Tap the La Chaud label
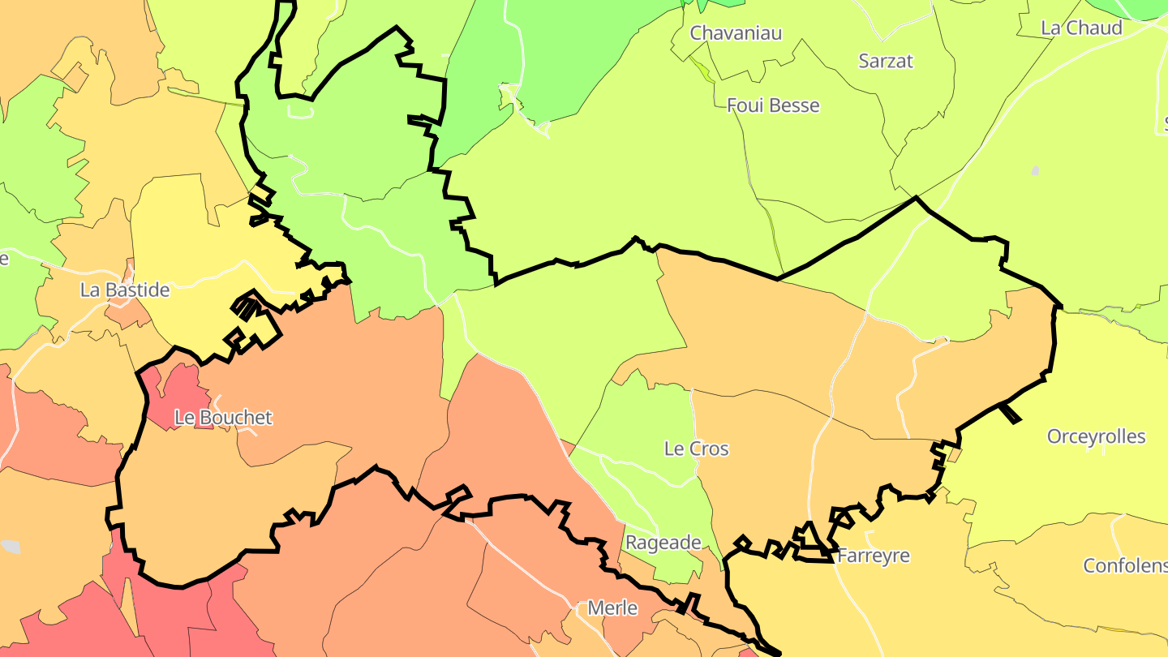pyautogui.click(x=1081, y=28)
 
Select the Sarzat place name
pyautogui.click(x=886, y=61)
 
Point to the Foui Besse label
pyautogui.click(x=773, y=105)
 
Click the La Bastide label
pyautogui.click(x=125, y=290)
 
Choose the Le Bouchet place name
pyautogui.click(x=224, y=418)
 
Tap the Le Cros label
pyautogui.click(x=696, y=449)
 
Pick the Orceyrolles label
pyautogui.click(x=1096, y=436)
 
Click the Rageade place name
pyautogui.click(x=663, y=543)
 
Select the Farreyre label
pyautogui.click(x=873, y=556)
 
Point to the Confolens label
pyautogui.click(x=1125, y=565)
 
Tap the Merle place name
pyautogui.click(x=612, y=608)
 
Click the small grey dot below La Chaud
pyautogui.click(x=1035, y=170)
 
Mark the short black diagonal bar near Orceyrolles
pyautogui.click(x=1010, y=414)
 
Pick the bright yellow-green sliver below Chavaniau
pyautogui.click(x=701, y=69)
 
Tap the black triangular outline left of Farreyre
pyautogui.click(x=808, y=537)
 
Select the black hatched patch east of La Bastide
pyautogui.click(x=246, y=307)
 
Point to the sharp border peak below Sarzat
pyautogui.click(x=916, y=198)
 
